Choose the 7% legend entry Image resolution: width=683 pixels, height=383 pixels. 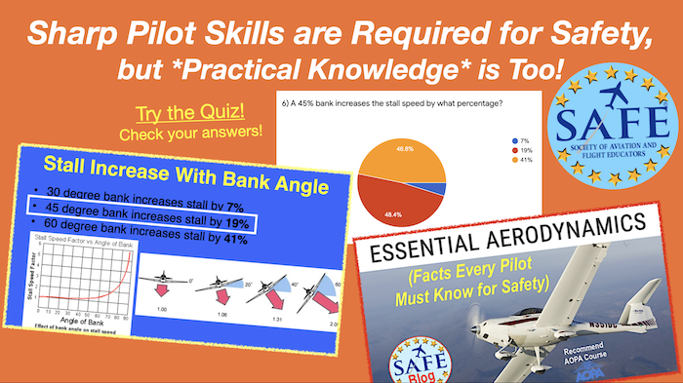(x=522, y=138)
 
